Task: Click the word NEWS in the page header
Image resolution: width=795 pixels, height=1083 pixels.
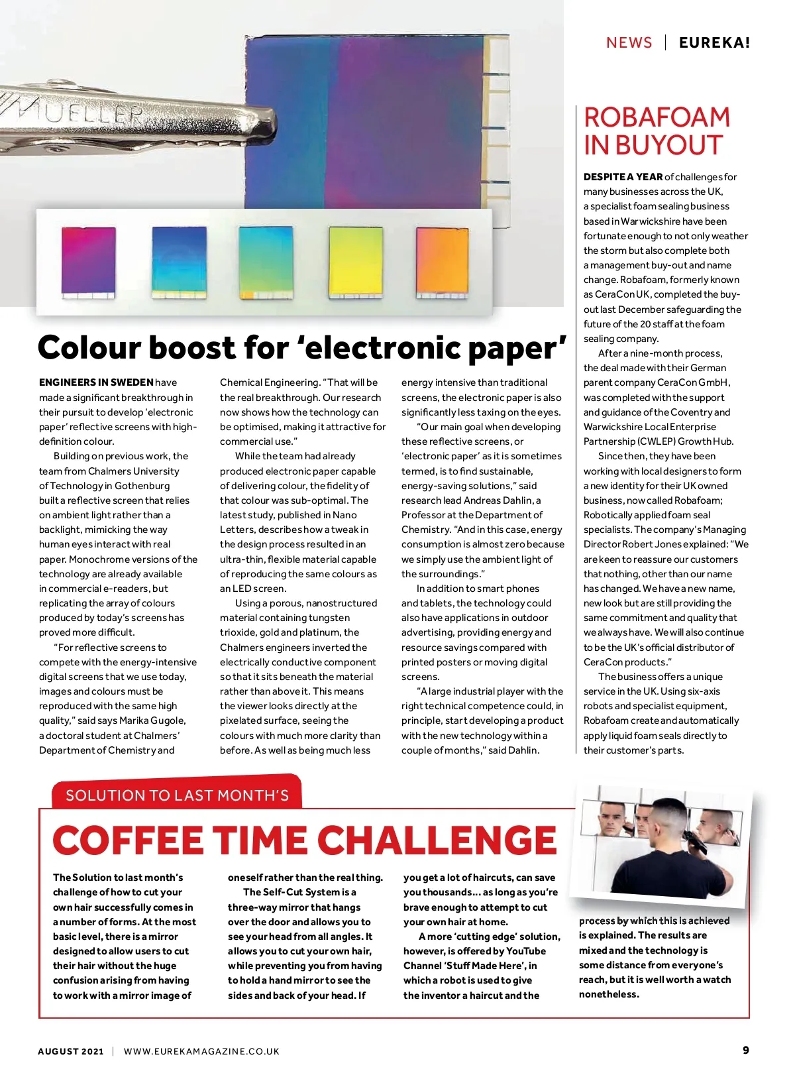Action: (629, 43)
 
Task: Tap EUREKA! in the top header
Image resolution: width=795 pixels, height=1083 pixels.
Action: (714, 43)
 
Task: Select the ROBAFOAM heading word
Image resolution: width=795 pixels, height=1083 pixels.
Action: (657, 118)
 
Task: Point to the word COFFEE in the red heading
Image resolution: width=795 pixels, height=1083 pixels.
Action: (128, 841)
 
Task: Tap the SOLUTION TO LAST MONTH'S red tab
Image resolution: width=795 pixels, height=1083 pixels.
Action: (177, 795)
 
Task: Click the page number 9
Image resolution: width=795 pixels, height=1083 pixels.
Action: (746, 1050)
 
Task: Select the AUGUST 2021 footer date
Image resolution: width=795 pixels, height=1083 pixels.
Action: (71, 1051)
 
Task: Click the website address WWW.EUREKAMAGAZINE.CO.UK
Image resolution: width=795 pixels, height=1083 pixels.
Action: (201, 1051)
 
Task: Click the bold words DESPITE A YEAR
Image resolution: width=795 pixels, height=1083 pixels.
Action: (623, 177)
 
